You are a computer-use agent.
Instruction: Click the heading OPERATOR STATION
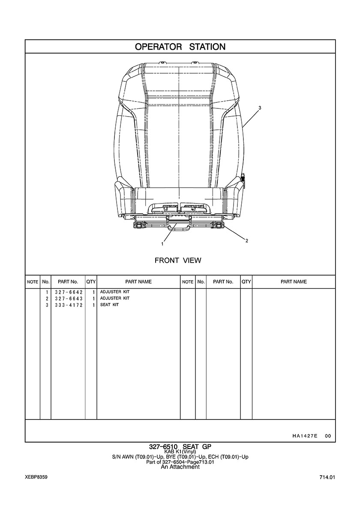click(x=180, y=47)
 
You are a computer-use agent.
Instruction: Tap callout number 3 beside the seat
click(x=260, y=107)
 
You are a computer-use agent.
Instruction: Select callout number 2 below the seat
click(x=247, y=241)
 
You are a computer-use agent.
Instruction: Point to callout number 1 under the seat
click(x=162, y=244)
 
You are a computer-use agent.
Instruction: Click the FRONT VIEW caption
click(x=178, y=260)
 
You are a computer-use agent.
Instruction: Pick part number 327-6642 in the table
click(x=69, y=292)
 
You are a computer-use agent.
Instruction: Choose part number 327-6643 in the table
click(x=69, y=299)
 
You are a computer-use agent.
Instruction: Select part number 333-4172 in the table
click(x=69, y=305)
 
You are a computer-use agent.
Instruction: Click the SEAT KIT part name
click(x=109, y=305)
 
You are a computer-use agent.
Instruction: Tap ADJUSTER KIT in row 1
click(x=114, y=292)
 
